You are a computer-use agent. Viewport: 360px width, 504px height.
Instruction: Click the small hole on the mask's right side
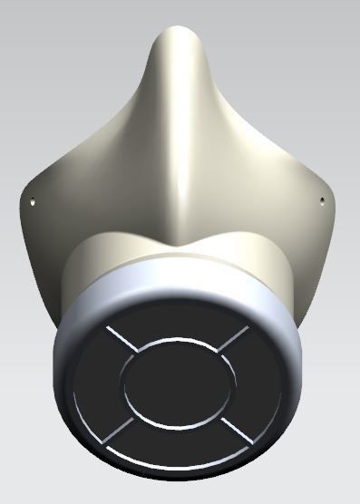[x=322, y=199]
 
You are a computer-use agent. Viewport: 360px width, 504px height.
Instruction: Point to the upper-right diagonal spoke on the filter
[x=231, y=340]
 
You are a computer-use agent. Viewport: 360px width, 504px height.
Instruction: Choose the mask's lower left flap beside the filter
[x=50, y=272]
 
